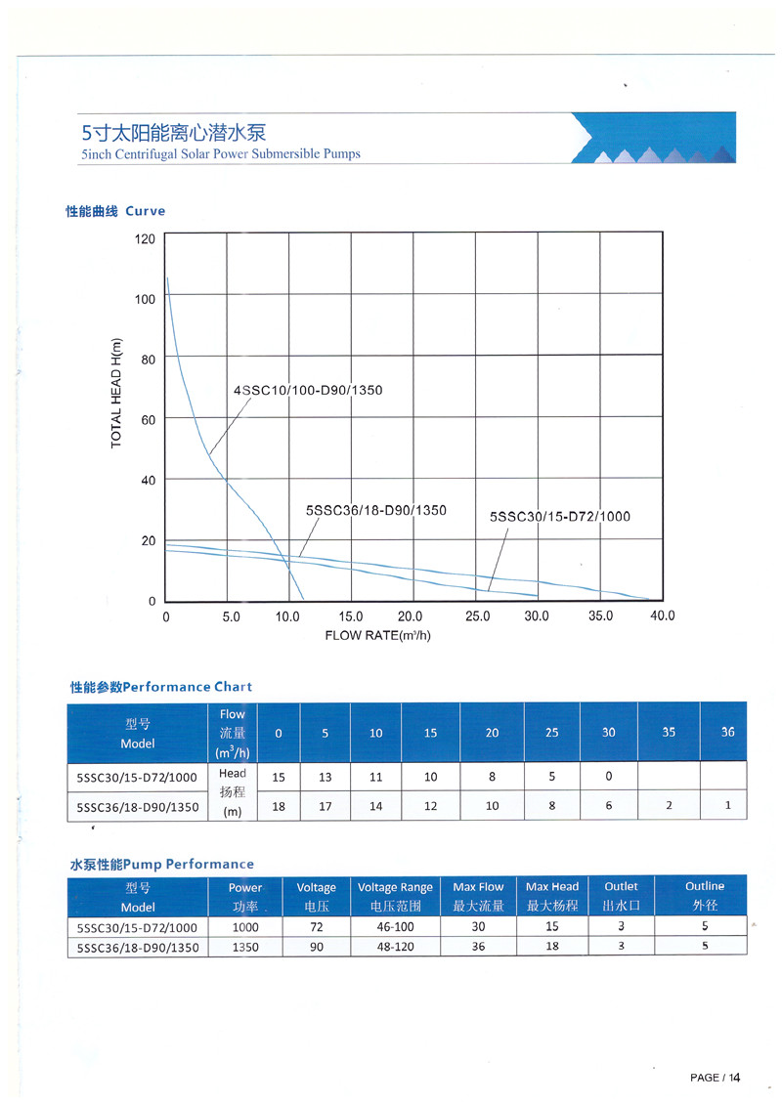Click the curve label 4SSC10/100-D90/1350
pos(308,391)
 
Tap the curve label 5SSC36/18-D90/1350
pos(376,510)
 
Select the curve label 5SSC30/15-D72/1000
pos(559,516)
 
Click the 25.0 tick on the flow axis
pos(479,616)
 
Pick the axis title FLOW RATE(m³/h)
pos(377,635)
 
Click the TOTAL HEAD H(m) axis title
pos(117,391)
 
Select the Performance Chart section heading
pos(161,687)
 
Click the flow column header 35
pos(669,732)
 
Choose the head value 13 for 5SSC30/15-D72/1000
pos(326,777)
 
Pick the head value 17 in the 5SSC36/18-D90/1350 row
pos(326,806)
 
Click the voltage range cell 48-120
pos(395,946)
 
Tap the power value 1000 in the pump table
pos(245,927)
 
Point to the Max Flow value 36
pos(478,946)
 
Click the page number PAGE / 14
pos(715,1078)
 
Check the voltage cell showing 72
pos(316,927)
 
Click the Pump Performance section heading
pos(161,864)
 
